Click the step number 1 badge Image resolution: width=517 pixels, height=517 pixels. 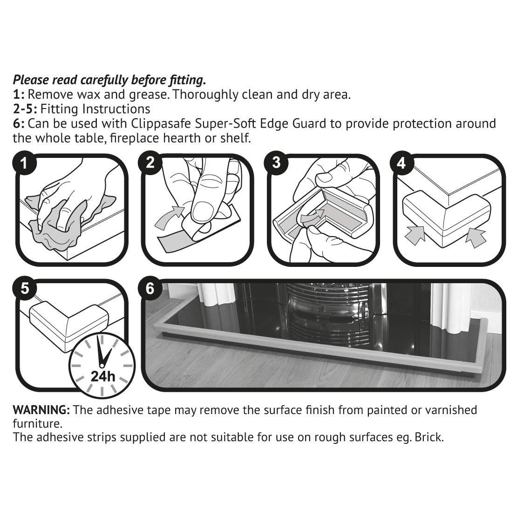24,163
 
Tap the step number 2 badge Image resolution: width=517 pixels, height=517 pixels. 150,162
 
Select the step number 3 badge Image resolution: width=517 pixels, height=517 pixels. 276,162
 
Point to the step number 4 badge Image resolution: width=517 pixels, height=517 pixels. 401,163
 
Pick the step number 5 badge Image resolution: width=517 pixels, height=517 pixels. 24,288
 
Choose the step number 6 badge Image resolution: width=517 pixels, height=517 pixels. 150,288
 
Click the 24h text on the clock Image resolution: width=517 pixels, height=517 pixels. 103,376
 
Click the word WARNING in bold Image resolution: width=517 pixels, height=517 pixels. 41,410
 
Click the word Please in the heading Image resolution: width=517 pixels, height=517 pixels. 31,80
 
